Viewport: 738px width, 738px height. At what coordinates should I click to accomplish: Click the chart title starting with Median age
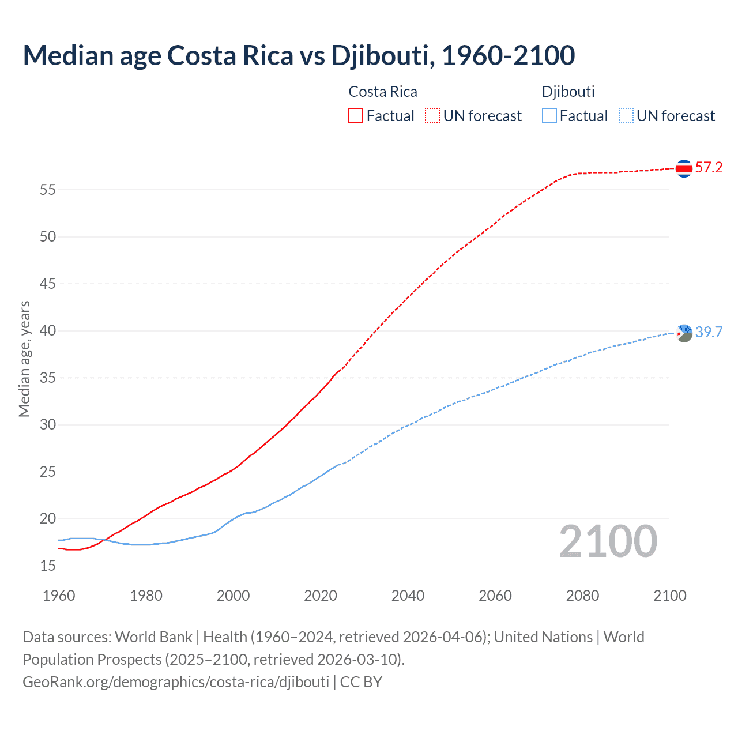pyautogui.click(x=299, y=55)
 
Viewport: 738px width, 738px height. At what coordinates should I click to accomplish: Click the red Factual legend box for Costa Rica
pyautogui.click(x=356, y=115)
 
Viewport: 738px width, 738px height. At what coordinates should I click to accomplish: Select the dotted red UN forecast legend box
pyautogui.click(x=432, y=115)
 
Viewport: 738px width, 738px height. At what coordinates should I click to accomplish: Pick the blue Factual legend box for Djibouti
pyautogui.click(x=549, y=115)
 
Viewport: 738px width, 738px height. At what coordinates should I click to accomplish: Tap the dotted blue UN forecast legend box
pyautogui.click(x=626, y=115)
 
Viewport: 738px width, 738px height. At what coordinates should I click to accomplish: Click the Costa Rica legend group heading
pyautogui.click(x=383, y=92)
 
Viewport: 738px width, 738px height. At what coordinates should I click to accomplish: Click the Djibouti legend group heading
pyautogui.click(x=568, y=92)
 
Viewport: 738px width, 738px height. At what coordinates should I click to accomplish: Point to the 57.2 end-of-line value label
pyautogui.click(x=709, y=168)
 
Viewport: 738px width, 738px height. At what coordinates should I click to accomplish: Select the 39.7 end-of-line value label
pyautogui.click(x=709, y=332)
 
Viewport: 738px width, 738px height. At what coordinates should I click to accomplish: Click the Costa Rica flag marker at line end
pyautogui.click(x=684, y=168)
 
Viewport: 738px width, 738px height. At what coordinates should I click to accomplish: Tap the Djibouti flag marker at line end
pyautogui.click(x=684, y=333)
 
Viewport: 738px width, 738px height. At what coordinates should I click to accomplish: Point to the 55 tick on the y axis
pyautogui.click(x=48, y=190)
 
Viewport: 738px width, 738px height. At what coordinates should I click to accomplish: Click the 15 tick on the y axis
pyautogui.click(x=48, y=566)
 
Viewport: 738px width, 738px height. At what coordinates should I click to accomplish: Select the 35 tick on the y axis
pyautogui.click(x=48, y=378)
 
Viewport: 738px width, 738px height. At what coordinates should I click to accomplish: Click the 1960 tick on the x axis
pyautogui.click(x=59, y=596)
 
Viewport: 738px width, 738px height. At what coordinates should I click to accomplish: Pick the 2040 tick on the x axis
pyautogui.click(x=408, y=596)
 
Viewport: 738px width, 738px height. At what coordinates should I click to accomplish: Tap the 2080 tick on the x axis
pyautogui.click(x=582, y=596)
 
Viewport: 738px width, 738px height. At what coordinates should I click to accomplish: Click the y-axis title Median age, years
pyautogui.click(x=24, y=359)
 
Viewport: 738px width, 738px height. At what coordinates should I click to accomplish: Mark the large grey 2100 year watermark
pyautogui.click(x=608, y=541)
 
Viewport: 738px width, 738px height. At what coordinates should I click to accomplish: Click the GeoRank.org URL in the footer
pyautogui.click(x=176, y=682)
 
